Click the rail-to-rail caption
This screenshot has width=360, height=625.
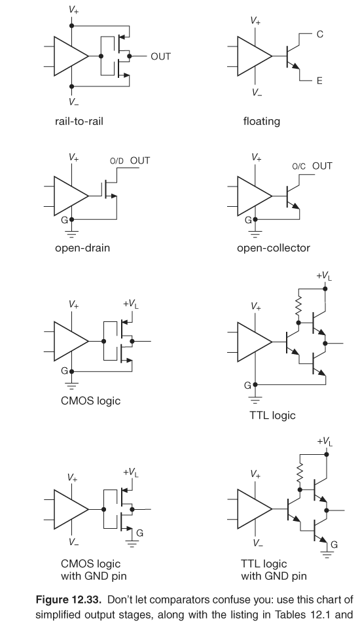tap(81, 121)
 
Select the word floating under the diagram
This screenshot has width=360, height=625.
tap(262, 121)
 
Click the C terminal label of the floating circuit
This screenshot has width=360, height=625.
tap(319, 34)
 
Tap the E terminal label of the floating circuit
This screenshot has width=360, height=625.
tap(319, 80)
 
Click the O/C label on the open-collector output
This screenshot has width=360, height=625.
tap(298, 166)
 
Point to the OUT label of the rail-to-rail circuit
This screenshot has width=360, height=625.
tap(160, 56)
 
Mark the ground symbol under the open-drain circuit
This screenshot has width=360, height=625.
tap(71, 232)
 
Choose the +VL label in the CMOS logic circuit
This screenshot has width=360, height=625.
tap(132, 304)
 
